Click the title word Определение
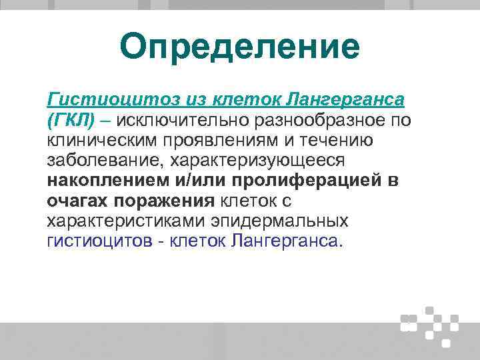tap(240, 47)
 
